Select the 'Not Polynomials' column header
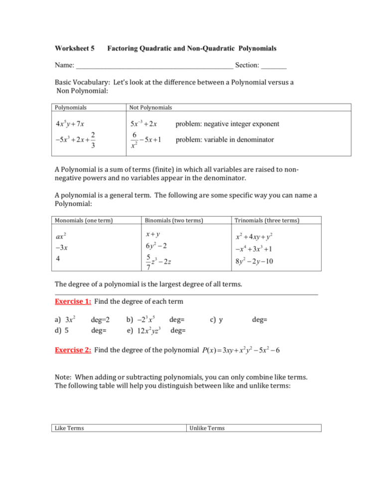tap(150, 107)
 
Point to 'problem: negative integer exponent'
tap(227, 124)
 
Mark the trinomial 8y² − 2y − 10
tap(258, 260)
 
